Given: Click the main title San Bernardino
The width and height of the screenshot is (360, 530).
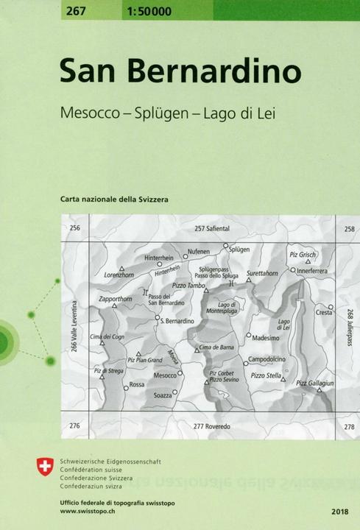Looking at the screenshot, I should click(180, 71).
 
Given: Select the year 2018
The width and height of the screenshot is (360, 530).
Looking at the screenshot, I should click(341, 510).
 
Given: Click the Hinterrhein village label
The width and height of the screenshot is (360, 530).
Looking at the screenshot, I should click(159, 258).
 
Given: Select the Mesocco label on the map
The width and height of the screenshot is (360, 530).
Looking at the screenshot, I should click(164, 375).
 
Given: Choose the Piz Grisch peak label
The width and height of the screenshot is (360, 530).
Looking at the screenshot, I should click(303, 255).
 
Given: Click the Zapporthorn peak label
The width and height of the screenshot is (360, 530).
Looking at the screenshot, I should click(115, 300).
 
